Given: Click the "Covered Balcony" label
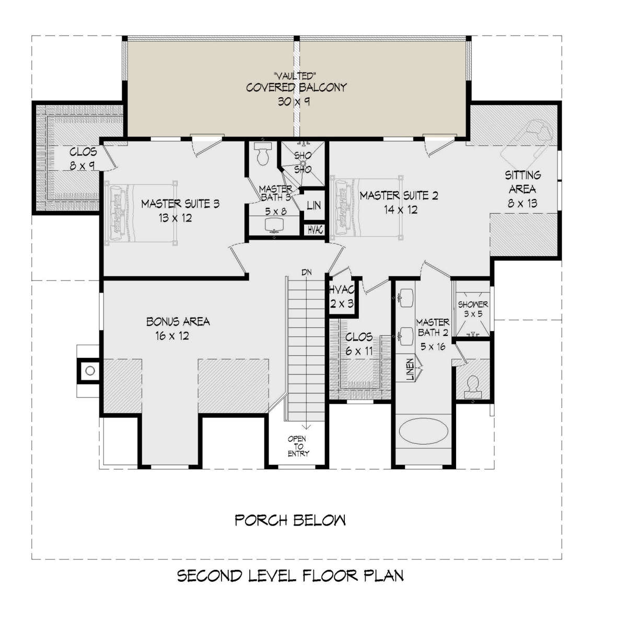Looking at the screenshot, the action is pyautogui.click(x=296, y=88).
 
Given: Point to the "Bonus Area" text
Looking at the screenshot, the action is pyautogui.click(x=178, y=321).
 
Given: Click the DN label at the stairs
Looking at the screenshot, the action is pyautogui.click(x=307, y=272).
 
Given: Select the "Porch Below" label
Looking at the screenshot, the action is pyautogui.click(x=290, y=520).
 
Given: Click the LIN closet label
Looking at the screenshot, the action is pyautogui.click(x=313, y=205).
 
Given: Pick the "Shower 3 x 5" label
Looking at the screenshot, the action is pyautogui.click(x=473, y=309).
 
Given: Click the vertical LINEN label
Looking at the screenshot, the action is pyautogui.click(x=410, y=369).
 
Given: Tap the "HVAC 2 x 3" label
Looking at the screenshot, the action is pyautogui.click(x=342, y=296).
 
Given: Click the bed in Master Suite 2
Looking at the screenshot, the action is pyautogui.click(x=367, y=208).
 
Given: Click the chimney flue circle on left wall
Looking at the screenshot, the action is pyautogui.click(x=90, y=370).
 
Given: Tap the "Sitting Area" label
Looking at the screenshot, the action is pyautogui.click(x=522, y=182).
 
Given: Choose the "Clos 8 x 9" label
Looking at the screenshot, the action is pyautogui.click(x=83, y=159).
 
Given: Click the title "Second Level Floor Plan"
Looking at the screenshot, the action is pyautogui.click(x=290, y=576).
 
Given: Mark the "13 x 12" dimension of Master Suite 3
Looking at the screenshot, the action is pyautogui.click(x=175, y=218).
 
